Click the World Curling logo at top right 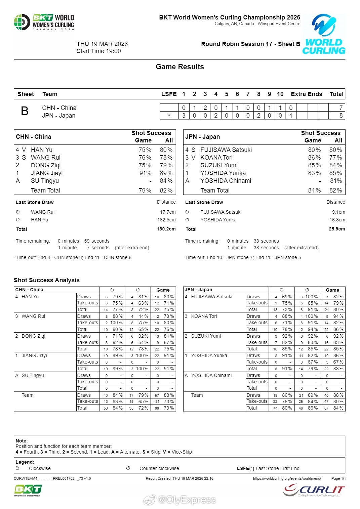[x=324, y=34]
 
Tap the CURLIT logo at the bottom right [x=314, y=490]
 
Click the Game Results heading [x=180, y=67]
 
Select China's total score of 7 [x=341, y=108]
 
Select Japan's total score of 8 [x=341, y=116]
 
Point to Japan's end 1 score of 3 [x=184, y=116]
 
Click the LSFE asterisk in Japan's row [x=169, y=116]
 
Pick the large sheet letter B [x=25, y=111]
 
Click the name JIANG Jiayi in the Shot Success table [x=47, y=173]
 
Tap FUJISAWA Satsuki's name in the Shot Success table [x=226, y=150]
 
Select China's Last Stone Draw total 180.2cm [x=166, y=229]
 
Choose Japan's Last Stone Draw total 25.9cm [x=337, y=229]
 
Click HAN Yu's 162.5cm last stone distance [x=166, y=220]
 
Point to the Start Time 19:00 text [x=99, y=51]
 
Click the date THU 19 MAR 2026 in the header [x=102, y=44]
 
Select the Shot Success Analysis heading [x=47, y=280]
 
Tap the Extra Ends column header [x=306, y=94]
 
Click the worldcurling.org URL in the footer [x=287, y=478]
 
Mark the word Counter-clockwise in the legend [x=159, y=468]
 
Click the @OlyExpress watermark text [x=187, y=500]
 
